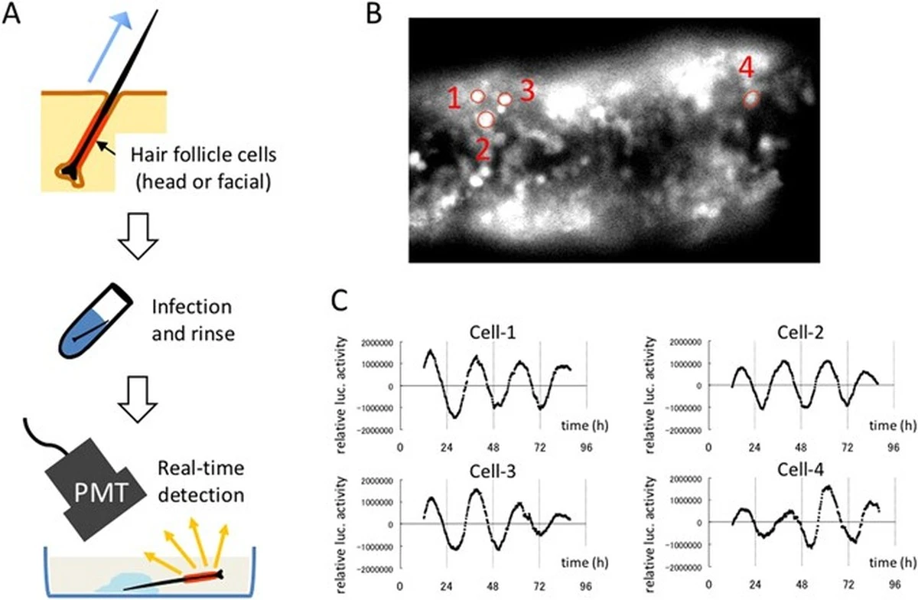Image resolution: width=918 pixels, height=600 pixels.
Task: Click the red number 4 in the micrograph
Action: point(747,69)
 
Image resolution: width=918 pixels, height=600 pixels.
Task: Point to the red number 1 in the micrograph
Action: point(454,98)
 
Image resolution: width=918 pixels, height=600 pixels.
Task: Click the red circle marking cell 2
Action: point(485,119)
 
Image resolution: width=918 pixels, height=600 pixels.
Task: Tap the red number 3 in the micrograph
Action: point(527,90)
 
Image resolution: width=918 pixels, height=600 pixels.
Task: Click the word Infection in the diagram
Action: point(193,307)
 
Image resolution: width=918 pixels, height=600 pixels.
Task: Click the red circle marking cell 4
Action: point(752,99)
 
